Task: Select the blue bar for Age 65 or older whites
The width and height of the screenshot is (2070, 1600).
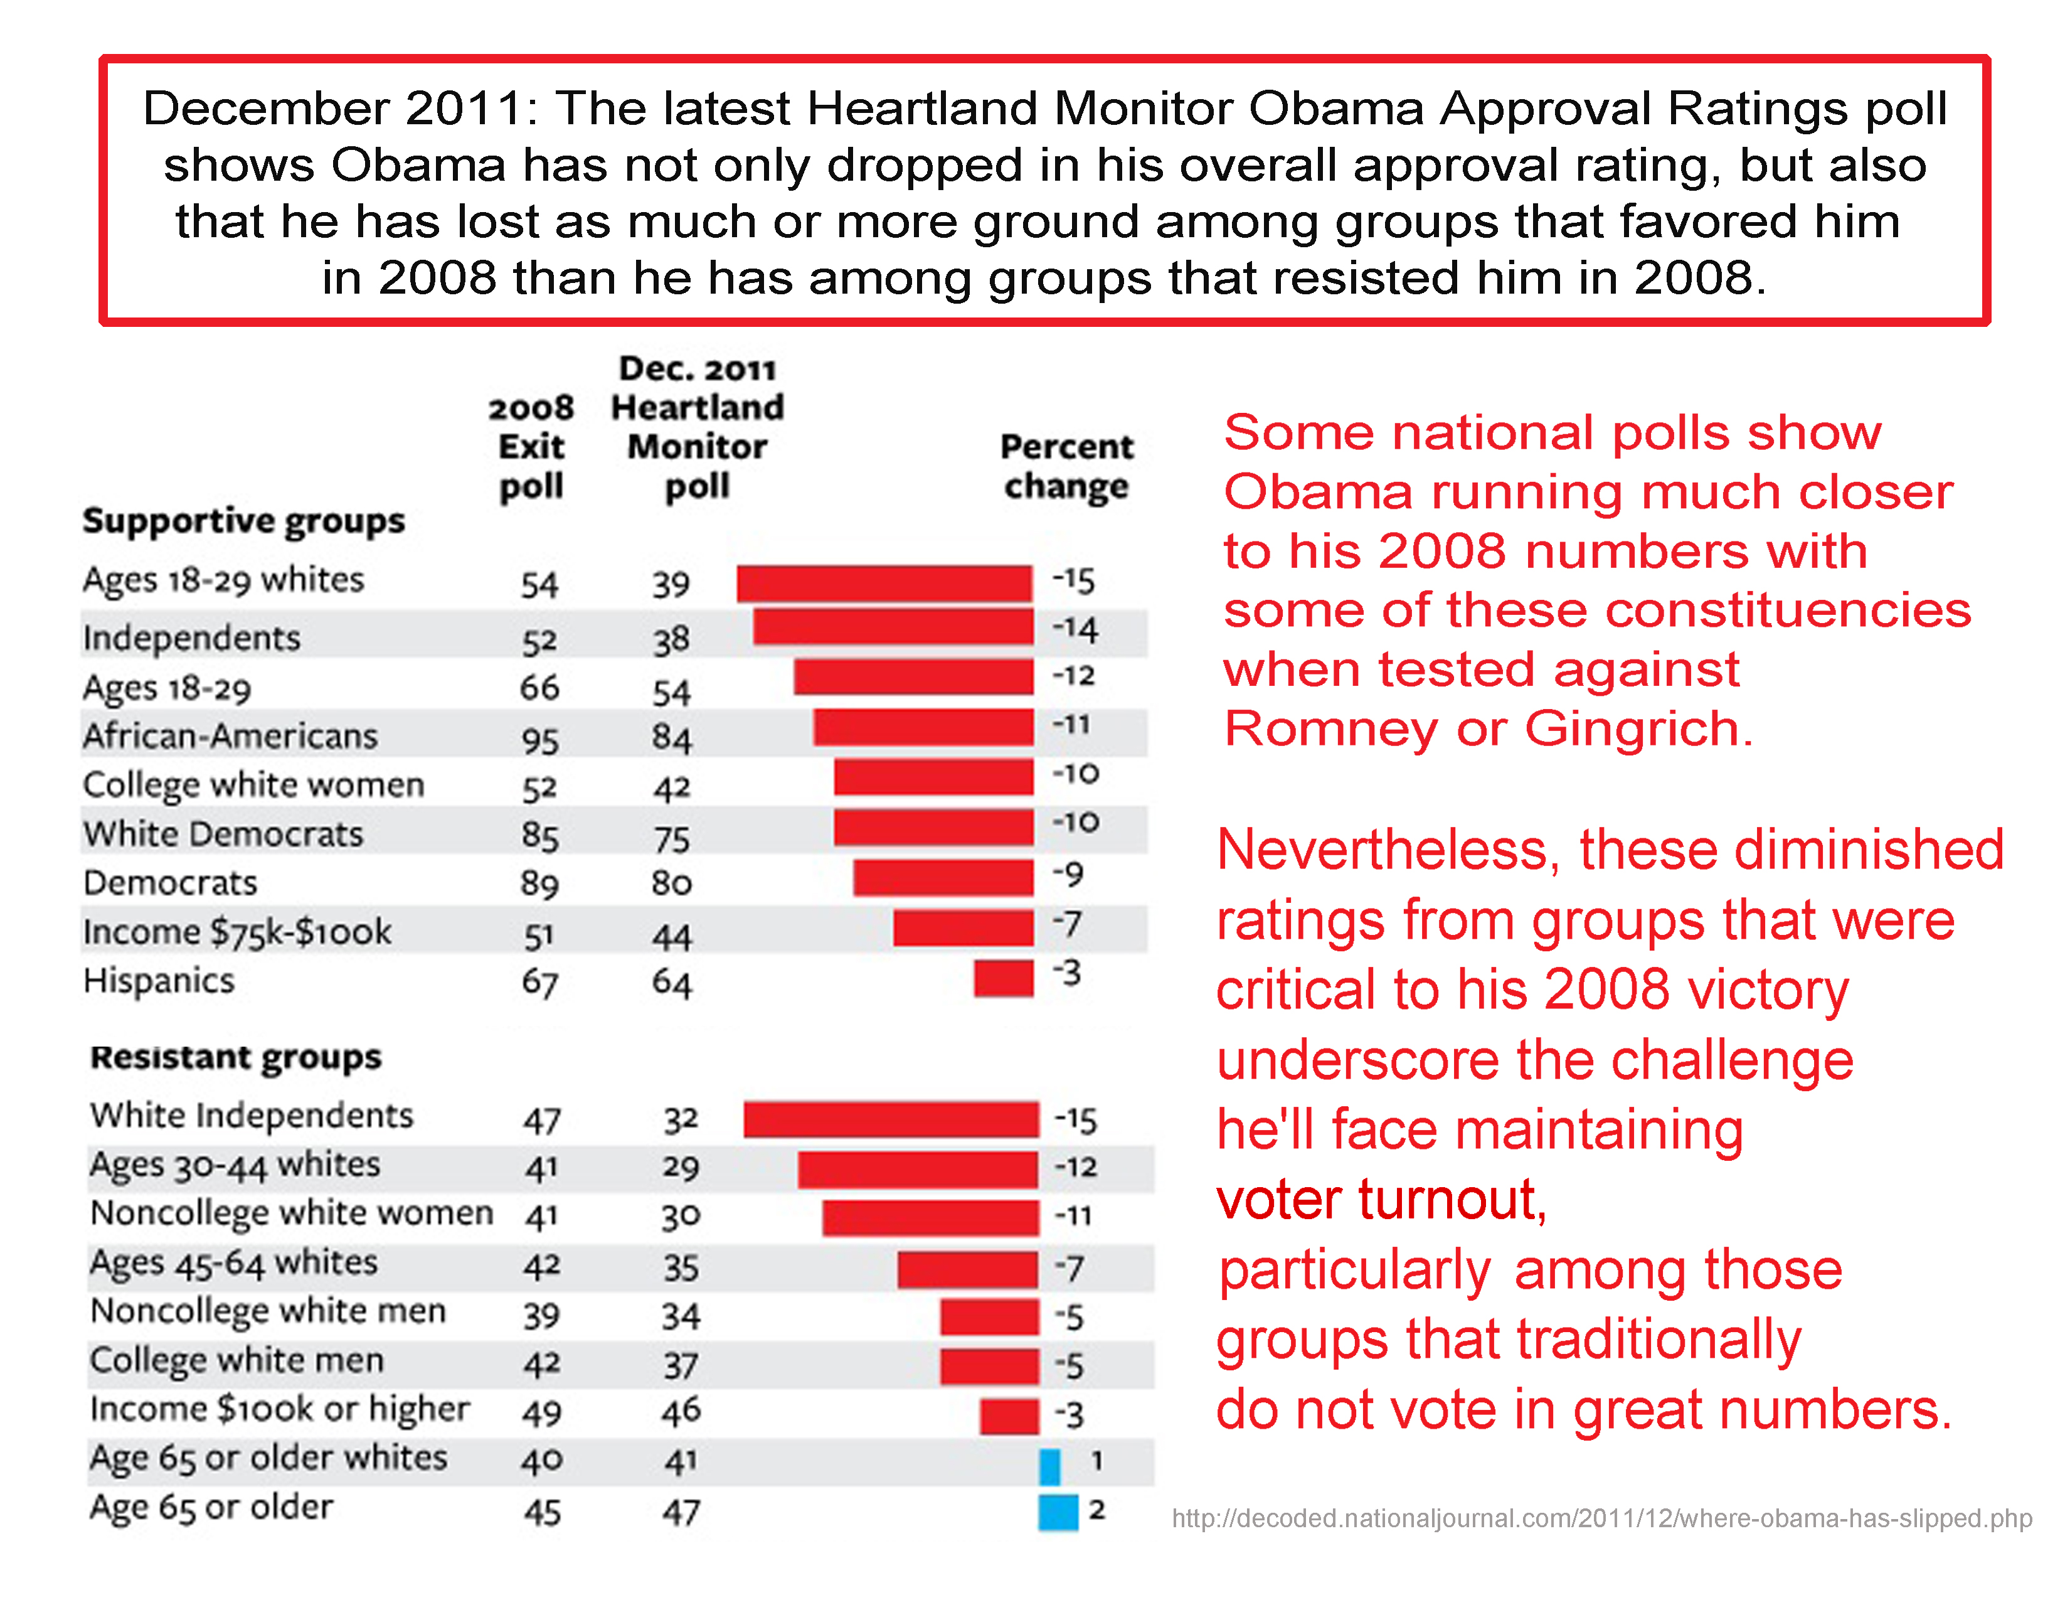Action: coord(1049,1465)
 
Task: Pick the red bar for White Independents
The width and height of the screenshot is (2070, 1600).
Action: coord(891,1119)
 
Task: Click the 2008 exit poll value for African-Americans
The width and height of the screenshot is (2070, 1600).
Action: coord(539,739)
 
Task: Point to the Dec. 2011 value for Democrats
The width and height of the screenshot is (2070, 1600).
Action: coord(671,883)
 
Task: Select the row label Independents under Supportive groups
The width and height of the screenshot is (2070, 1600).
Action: coord(191,638)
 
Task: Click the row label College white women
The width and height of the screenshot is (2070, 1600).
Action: coord(253,785)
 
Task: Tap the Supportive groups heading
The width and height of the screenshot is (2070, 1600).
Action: coord(243,520)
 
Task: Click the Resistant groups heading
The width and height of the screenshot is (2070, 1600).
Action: coord(236,1056)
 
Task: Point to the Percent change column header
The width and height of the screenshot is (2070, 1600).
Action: coord(1066,466)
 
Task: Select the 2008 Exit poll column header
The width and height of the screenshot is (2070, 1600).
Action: coord(532,447)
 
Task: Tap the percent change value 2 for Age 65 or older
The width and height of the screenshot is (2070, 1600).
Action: coord(1096,1509)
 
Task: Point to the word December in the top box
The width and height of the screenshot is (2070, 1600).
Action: coord(265,108)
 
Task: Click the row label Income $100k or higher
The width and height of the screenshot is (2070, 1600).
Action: coord(280,1409)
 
